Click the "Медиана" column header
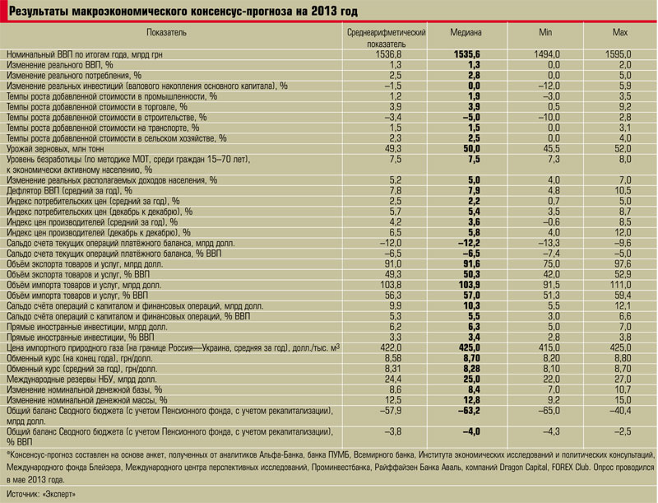466,32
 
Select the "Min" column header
545,32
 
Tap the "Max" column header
620,32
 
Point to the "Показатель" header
167,32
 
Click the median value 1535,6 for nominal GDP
466,54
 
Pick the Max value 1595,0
618,54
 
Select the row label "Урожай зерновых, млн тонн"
55,149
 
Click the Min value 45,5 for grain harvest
550,149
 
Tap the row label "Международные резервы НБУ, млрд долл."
81,380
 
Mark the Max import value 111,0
620,285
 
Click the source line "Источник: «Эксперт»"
41,494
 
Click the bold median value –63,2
469,411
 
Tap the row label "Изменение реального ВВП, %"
59,65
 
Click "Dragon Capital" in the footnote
524,467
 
